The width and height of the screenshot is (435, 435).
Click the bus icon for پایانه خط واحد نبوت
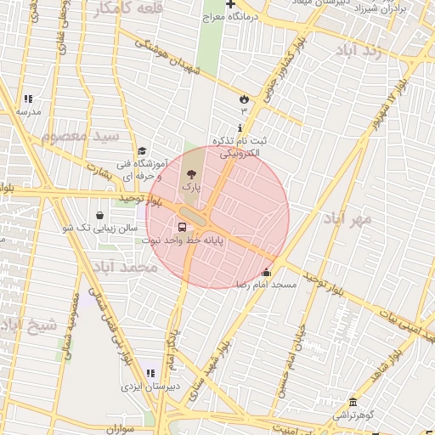[x=182, y=227]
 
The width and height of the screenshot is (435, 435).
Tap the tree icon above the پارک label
[x=189, y=173]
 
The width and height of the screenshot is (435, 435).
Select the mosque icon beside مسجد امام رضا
[x=267, y=273]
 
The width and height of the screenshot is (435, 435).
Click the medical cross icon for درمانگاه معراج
[x=230, y=5]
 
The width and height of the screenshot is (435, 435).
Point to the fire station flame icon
[x=245, y=98]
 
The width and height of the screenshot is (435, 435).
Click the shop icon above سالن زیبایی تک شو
[x=102, y=215]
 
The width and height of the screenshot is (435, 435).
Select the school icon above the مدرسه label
[x=28, y=99]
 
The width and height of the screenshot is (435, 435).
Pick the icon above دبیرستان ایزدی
[x=151, y=373]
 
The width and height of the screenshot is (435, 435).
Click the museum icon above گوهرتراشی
[x=353, y=402]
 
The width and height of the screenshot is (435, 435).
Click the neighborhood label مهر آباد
[x=347, y=218]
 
